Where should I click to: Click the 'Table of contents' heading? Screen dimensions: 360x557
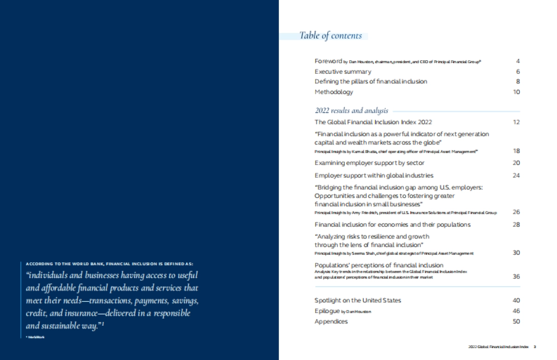[330, 36]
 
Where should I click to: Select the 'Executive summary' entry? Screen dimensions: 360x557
[343, 71]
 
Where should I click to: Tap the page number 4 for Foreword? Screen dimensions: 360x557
[518, 61]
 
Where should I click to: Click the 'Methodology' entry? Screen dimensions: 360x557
[334, 92]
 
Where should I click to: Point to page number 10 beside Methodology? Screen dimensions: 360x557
[517, 92]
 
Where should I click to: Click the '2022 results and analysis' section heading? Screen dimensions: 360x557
[351, 111]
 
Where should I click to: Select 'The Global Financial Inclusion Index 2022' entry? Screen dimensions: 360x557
[373, 122]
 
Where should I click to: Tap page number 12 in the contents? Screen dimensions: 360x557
[517, 122]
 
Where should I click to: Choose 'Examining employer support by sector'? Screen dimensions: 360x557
[369, 163]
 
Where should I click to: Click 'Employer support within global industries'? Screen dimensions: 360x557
[374, 175]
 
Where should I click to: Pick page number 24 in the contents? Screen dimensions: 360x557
[517, 175]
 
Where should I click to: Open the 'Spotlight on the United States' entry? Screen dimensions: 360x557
[357, 300]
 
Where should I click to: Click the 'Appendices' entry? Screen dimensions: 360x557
[331, 321]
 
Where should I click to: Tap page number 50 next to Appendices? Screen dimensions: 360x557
[517, 321]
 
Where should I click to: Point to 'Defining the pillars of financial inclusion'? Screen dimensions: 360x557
[371, 81]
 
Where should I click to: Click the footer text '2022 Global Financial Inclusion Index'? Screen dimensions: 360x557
[498, 347]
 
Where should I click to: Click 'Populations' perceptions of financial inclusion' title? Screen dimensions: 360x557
[379, 265]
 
